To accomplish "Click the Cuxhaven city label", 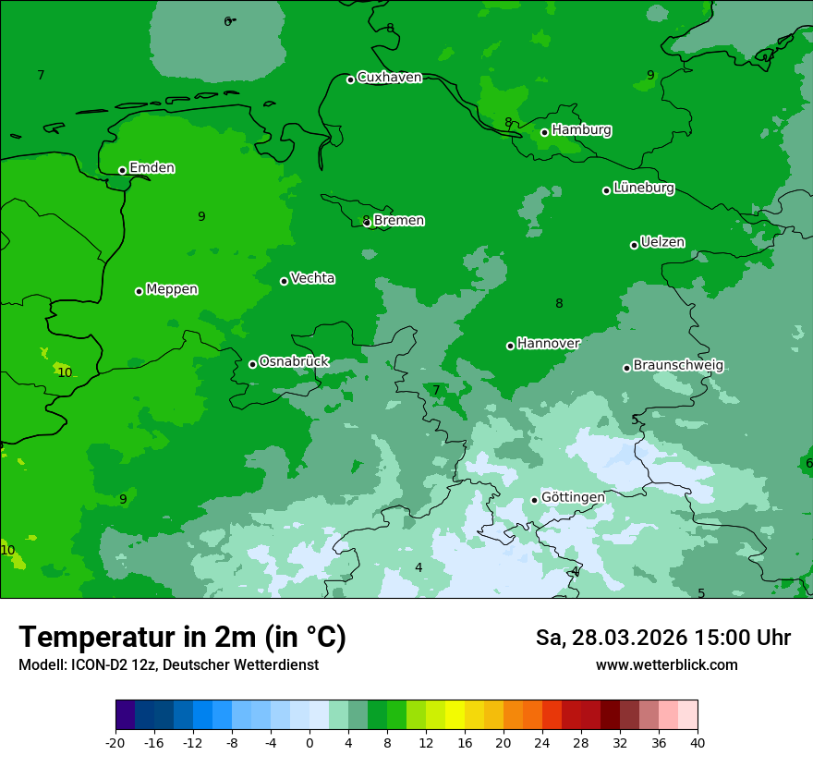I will (389, 78).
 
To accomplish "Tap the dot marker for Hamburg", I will (544, 132).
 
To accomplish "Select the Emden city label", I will (152, 168).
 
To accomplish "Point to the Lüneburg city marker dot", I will (606, 190).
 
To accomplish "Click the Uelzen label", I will (662, 243).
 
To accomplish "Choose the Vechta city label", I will (312, 278).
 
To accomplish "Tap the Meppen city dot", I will (139, 291).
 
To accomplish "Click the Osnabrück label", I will (294, 361).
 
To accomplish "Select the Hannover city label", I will (548, 344).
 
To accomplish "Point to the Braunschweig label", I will (678, 366).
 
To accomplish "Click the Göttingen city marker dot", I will (534, 500).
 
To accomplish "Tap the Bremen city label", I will (398, 221).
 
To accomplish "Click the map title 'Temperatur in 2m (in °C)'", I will (182, 638).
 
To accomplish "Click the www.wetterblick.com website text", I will (666, 665).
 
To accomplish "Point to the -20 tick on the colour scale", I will (115, 742).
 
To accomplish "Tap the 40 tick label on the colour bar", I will (698, 742).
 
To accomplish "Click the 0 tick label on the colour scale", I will (309, 742).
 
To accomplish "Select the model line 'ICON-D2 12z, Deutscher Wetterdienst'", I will (168, 665).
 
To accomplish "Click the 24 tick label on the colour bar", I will (542, 742).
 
